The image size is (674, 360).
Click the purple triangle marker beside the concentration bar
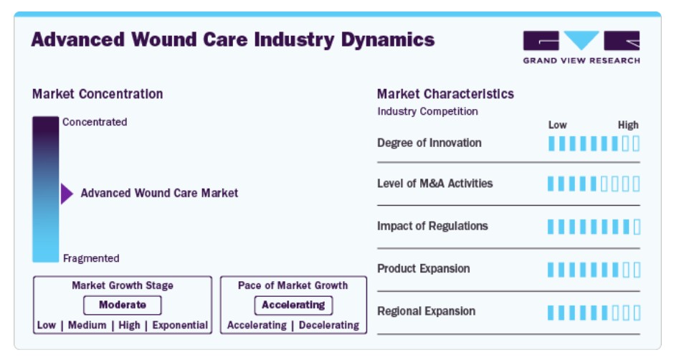[67, 194]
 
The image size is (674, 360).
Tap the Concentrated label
[95, 122]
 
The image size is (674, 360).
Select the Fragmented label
[91, 258]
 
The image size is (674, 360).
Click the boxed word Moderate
[123, 305]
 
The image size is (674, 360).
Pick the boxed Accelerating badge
[293, 305]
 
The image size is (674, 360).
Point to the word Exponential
[180, 325]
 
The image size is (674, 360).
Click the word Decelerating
[329, 325]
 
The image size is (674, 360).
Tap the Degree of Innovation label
[429, 143]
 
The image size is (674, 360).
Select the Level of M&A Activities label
[435, 184]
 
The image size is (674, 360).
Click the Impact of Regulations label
[432, 226]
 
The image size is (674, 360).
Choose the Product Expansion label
[423, 269]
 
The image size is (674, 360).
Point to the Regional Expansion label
[427, 311]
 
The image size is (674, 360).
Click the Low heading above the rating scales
[558, 125]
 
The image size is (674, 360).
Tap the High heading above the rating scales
[628, 125]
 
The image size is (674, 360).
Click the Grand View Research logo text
[582, 61]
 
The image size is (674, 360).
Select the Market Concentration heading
[98, 94]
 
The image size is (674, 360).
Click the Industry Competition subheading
[427, 111]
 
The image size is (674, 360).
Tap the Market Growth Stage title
[123, 285]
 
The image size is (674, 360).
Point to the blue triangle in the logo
[582, 39]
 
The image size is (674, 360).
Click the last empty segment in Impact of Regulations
[637, 227]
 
